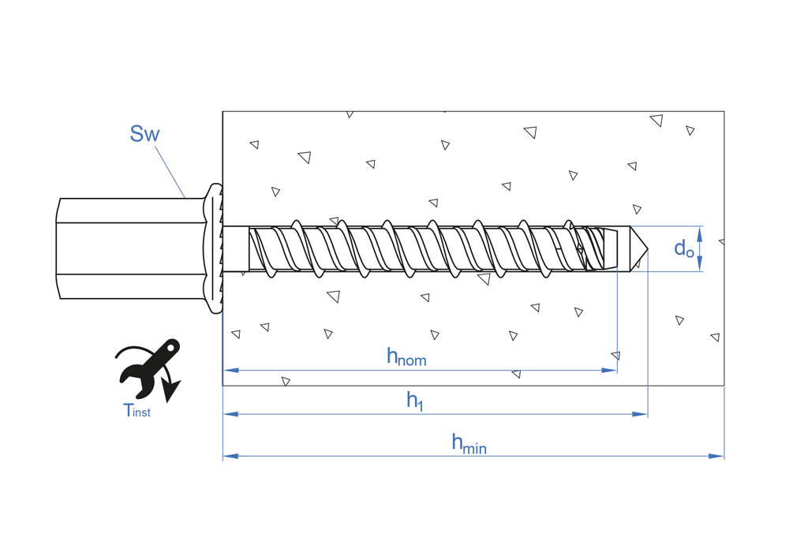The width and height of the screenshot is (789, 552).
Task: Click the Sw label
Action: click(144, 134)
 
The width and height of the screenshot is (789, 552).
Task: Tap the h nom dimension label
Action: click(406, 357)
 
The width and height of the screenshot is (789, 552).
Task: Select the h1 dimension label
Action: click(415, 401)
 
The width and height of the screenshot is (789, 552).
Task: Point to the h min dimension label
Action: click(469, 444)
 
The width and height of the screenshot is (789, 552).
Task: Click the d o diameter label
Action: click(683, 249)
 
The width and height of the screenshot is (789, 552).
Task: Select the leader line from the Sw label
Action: click(170, 170)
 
